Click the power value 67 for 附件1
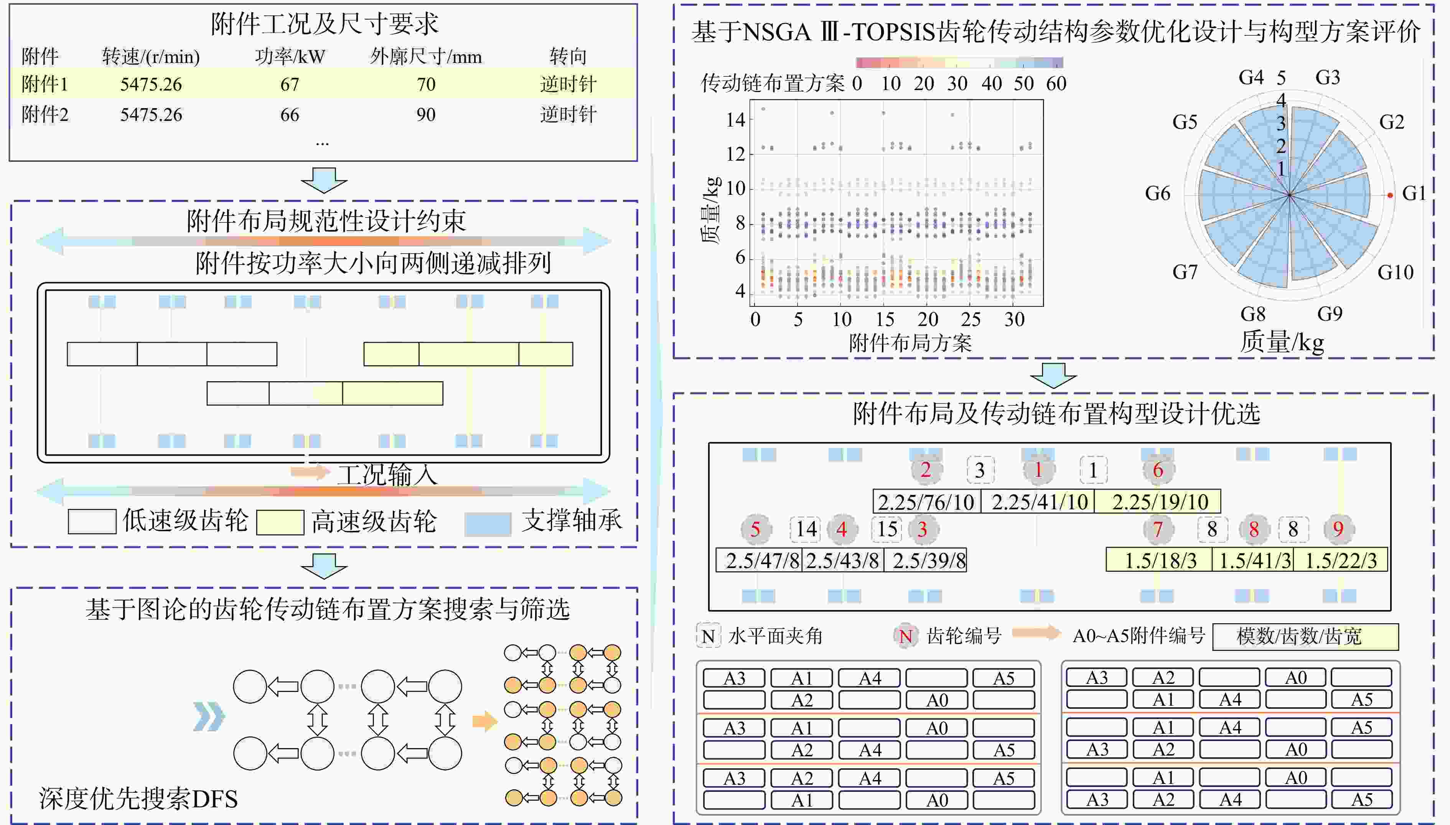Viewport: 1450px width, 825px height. (290, 84)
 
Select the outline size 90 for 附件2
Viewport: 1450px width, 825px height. (426, 115)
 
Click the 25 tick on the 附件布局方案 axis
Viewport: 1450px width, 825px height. (971, 319)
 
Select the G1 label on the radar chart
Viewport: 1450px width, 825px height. (1414, 194)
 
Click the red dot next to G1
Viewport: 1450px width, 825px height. (1390, 196)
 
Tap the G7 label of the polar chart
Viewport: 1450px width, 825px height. (1185, 272)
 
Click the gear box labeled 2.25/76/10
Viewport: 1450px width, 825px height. (926, 501)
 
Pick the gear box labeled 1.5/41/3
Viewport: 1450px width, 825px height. (1253, 560)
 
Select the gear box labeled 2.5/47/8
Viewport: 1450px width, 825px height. (759, 560)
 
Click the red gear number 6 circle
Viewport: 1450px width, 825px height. (1158, 470)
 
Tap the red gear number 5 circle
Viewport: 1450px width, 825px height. (755, 529)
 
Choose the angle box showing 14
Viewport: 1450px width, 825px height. (806, 529)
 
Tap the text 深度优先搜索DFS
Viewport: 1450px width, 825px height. (138, 799)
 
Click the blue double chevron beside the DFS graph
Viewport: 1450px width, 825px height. (209, 717)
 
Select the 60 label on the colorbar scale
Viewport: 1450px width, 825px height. (1056, 84)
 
